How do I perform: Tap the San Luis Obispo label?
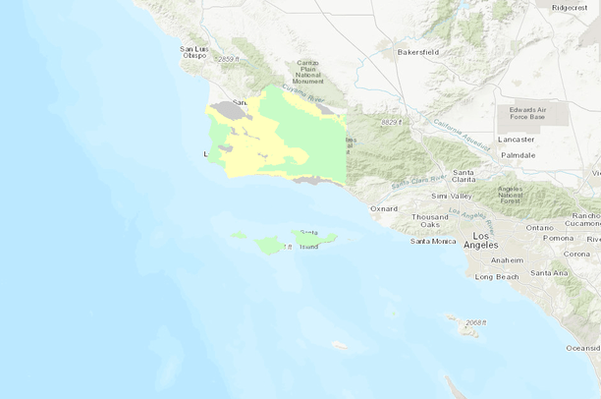[x=193, y=52]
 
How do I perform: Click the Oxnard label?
[x=384, y=208]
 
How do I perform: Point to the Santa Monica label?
[x=433, y=241]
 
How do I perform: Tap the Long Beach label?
[x=496, y=276]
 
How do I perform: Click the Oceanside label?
[x=583, y=348]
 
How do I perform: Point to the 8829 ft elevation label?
[x=392, y=122]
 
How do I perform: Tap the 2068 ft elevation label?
[x=476, y=322]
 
